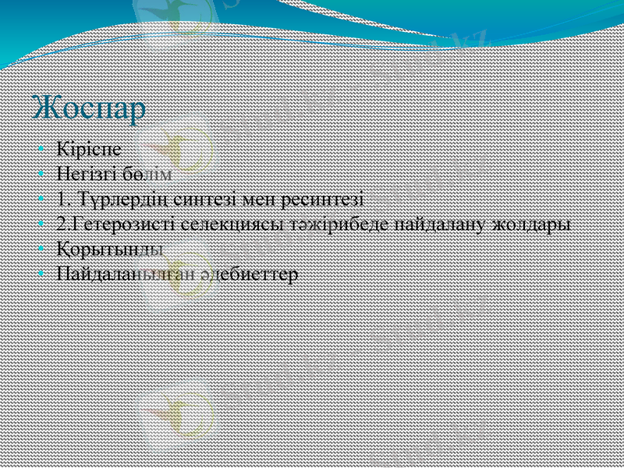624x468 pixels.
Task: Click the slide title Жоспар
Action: click(x=90, y=108)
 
